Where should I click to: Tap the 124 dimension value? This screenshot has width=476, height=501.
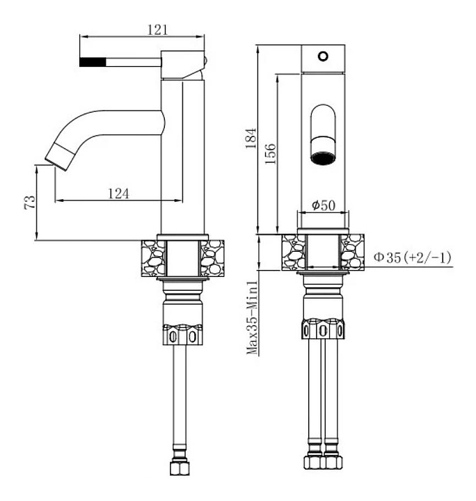point(118,193)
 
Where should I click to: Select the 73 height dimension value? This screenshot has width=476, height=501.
point(29,202)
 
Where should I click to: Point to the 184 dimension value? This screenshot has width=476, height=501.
point(251,138)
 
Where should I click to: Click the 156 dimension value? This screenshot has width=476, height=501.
point(271,152)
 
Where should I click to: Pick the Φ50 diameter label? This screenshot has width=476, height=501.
point(324,205)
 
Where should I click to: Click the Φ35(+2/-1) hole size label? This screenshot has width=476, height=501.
point(412,257)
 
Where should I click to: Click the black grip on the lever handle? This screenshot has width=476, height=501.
point(93,61)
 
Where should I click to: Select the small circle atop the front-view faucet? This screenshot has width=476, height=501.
point(322,56)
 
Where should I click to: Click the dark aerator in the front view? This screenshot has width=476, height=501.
point(323,154)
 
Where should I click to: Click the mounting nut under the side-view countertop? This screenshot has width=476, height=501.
point(184,333)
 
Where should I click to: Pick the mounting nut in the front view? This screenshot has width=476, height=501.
point(323,332)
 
